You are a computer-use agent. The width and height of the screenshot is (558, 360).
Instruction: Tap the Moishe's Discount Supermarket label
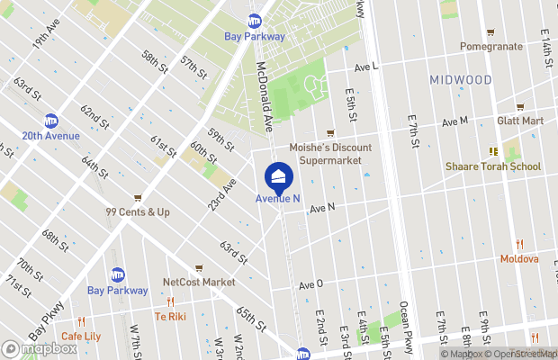point(325,154)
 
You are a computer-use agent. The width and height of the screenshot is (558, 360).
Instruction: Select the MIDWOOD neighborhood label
point(461,80)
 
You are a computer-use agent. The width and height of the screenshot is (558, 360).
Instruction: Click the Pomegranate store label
point(490,46)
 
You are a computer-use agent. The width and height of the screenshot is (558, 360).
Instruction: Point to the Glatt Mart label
point(520,121)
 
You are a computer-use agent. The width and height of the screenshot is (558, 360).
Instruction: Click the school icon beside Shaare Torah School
point(493,151)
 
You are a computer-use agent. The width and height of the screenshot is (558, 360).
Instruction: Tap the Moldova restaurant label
point(519,259)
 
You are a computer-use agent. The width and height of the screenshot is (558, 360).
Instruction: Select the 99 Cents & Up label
point(138,212)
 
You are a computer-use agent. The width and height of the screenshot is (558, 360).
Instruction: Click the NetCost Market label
point(198,282)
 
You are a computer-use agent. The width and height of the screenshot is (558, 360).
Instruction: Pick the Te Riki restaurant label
point(170,317)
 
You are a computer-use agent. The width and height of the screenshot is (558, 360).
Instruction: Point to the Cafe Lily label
point(81,337)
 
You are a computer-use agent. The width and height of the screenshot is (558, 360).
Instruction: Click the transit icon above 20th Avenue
point(51,121)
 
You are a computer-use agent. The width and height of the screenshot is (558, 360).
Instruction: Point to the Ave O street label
point(310,284)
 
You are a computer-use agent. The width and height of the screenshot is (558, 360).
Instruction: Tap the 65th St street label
point(249,319)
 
